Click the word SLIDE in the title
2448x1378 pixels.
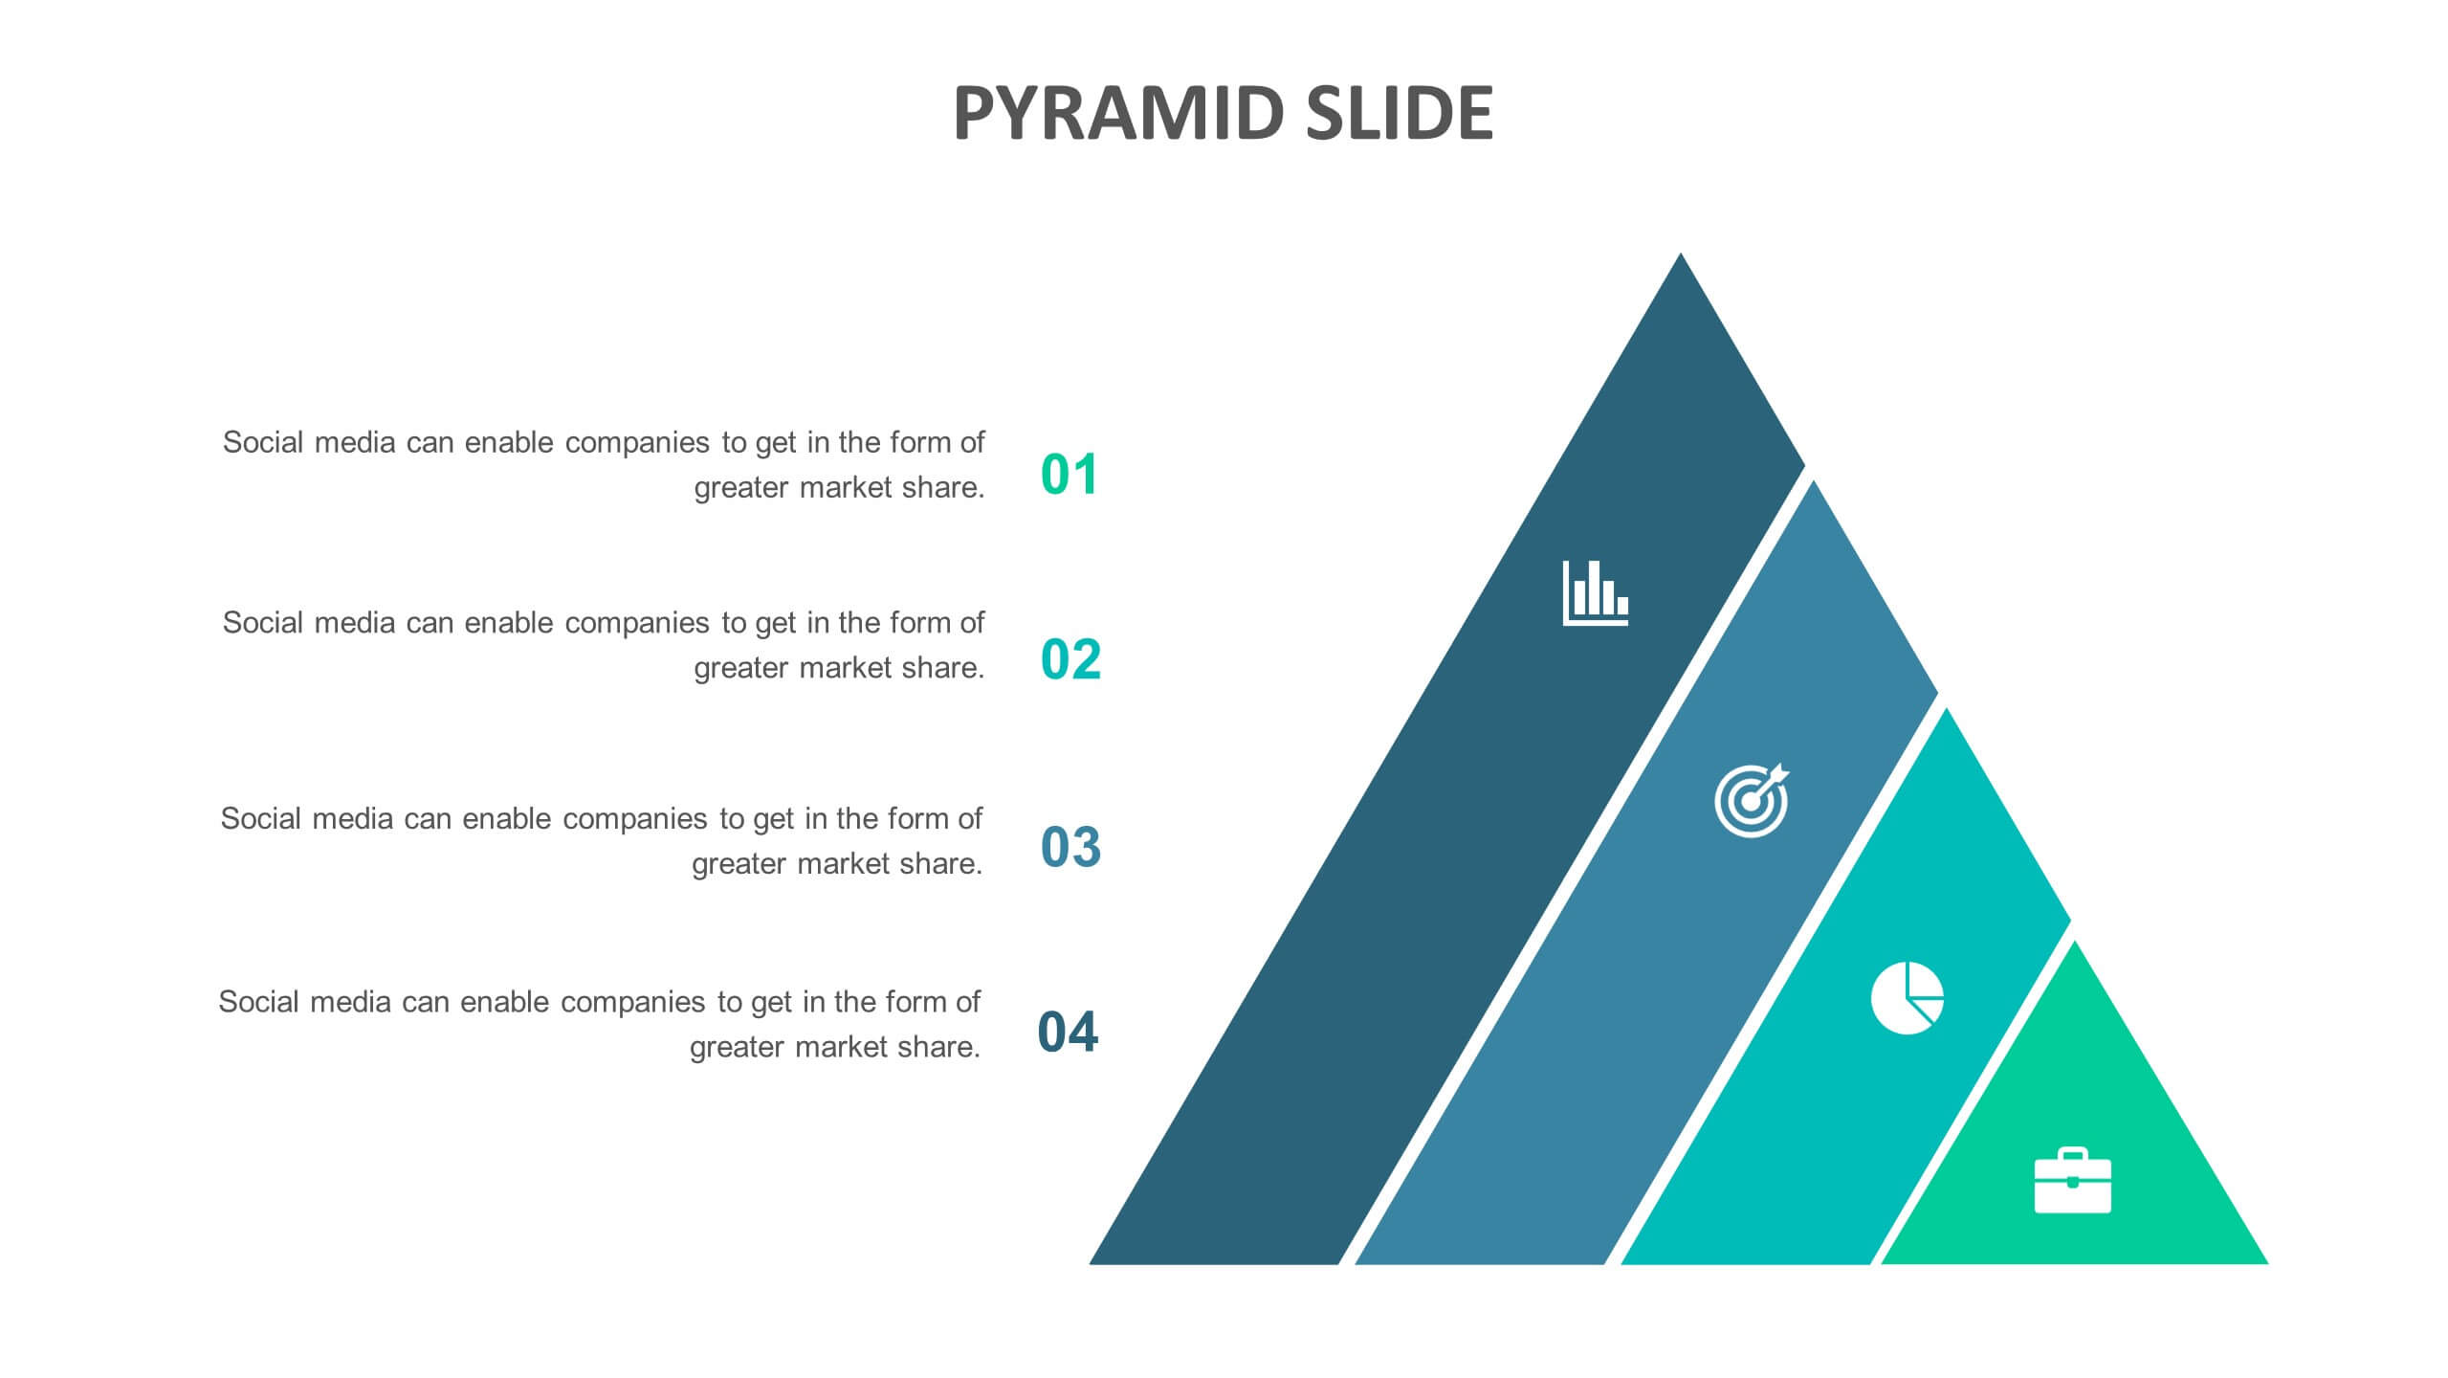[1400, 113]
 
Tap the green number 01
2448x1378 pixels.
[1070, 475]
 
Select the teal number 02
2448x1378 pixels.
[1070, 660]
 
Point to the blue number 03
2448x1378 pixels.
[1070, 847]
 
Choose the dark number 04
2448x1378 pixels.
[1069, 1033]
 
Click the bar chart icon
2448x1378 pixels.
[1596, 593]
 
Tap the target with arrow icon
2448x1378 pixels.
[1752, 801]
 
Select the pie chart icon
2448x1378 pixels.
[1908, 998]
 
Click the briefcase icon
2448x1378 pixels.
[2073, 1180]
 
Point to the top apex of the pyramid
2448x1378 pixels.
[1681, 254]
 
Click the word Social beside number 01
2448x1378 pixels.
[263, 442]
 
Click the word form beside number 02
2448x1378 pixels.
[917, 623]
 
